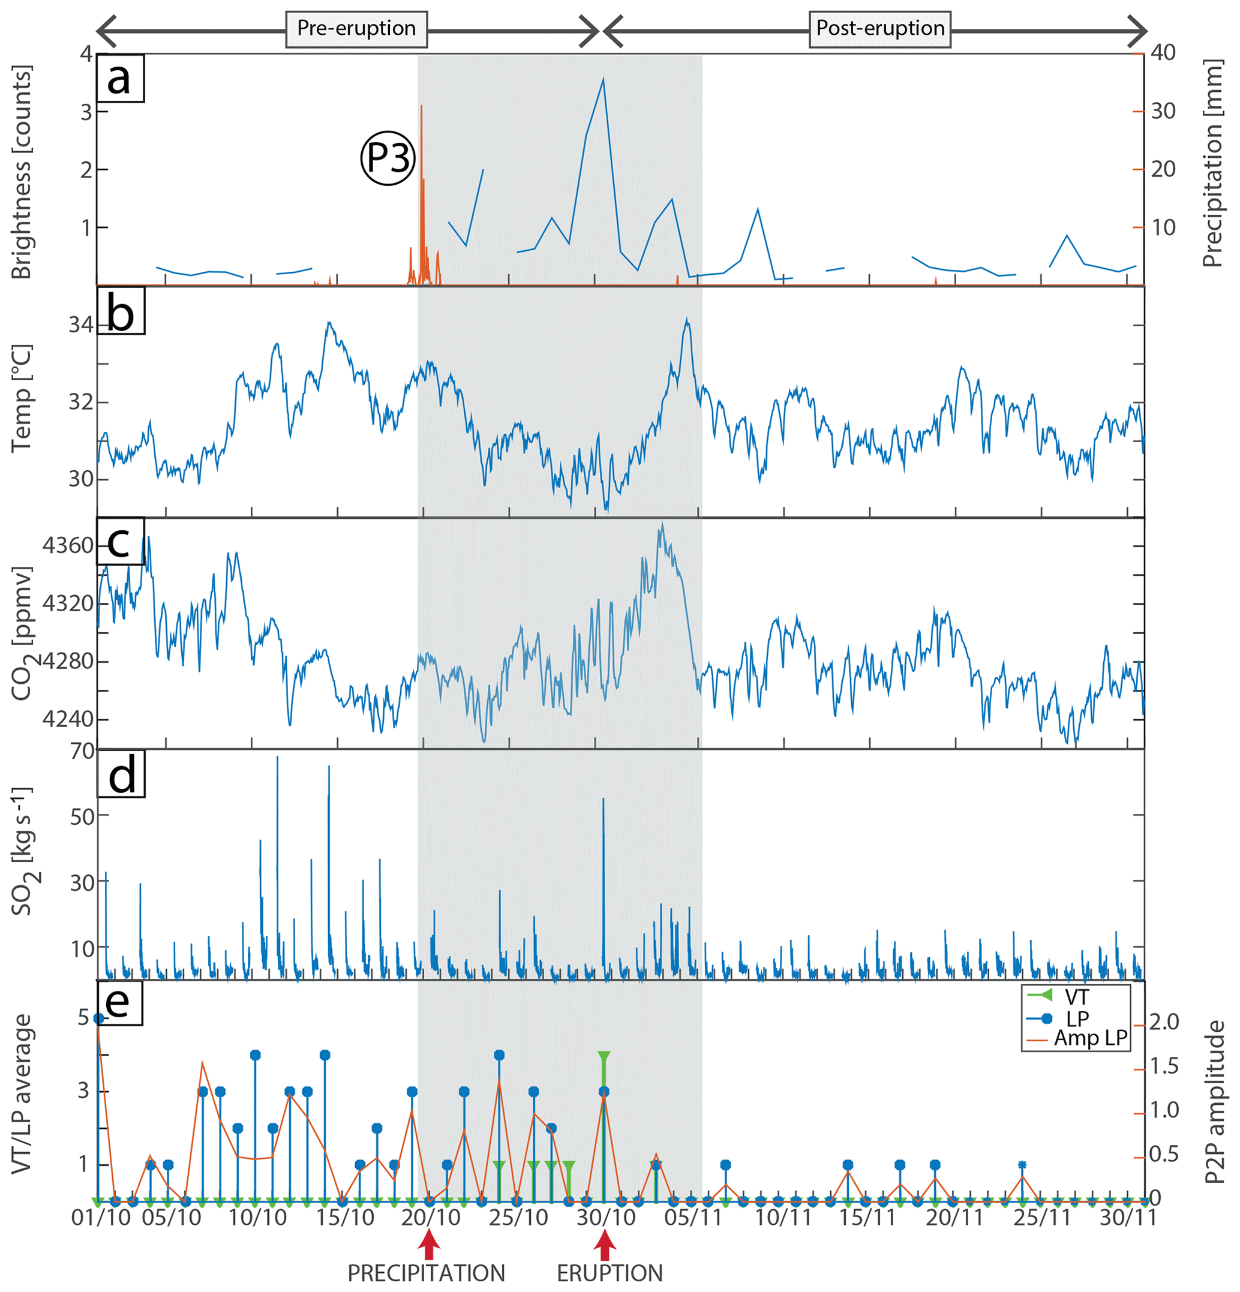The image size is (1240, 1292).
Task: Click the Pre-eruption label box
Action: coord(356,28)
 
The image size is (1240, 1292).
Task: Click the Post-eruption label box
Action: coord(879,28)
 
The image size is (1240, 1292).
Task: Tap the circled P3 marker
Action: coord(388,158)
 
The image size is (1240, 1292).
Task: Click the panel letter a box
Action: coord(120,78)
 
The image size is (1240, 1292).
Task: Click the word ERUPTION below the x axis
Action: coord(609,1273)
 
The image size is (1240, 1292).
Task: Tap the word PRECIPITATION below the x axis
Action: coord(426,1273)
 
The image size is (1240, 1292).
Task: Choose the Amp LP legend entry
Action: coord(1089,1038)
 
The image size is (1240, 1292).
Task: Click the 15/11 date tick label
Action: coord(867,1218)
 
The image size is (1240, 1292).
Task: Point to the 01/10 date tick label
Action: coord(101,1218)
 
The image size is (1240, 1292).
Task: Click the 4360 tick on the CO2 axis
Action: coord(68,546)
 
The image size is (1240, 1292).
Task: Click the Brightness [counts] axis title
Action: coord(22,172)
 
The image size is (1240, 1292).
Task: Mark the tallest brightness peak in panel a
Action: coord(602,79)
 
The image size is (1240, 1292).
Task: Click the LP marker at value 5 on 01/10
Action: coord(99,1018)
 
